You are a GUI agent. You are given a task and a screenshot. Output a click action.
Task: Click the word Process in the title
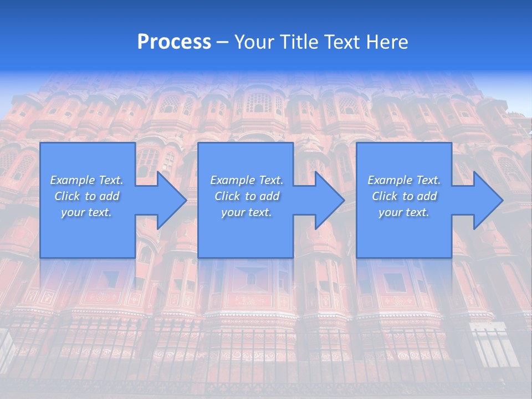pos(174,42)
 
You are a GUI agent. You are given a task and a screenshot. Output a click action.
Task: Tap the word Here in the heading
pos(387,42)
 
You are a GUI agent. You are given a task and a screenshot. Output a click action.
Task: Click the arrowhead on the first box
pos(168,200)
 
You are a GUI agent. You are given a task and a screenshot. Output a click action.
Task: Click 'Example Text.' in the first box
pos(86,180)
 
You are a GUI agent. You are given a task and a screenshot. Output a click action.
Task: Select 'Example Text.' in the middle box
pos(247,180)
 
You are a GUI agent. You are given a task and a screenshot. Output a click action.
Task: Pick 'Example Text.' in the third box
pos(404,180)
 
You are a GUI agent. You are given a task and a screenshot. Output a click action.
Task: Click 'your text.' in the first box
pos(86,212)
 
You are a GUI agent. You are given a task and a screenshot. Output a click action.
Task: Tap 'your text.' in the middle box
pos(247,212)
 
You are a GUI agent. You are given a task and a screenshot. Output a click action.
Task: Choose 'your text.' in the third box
pos(404,212)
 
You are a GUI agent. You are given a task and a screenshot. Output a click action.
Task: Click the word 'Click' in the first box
pos(67,196)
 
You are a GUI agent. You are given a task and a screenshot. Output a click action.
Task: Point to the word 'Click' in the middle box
pos(227,196)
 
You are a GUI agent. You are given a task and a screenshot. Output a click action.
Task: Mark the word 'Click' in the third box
pos(385,196)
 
